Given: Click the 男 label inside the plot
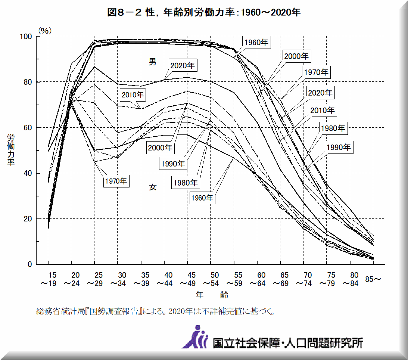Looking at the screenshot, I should pyautogui.click(x=153, y=62).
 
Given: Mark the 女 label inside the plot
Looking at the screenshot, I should pyautogui.click(x=153, y=187).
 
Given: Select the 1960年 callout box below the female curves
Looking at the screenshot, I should pyautogui.click(x=202, y=198).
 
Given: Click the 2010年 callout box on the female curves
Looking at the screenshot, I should pyautogui.click(x=133, y=94).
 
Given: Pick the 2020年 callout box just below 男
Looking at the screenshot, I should pyautogui.click(x=183, y=65).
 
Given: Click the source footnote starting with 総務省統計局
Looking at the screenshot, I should pyautogui.click(x=155, y=311).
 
